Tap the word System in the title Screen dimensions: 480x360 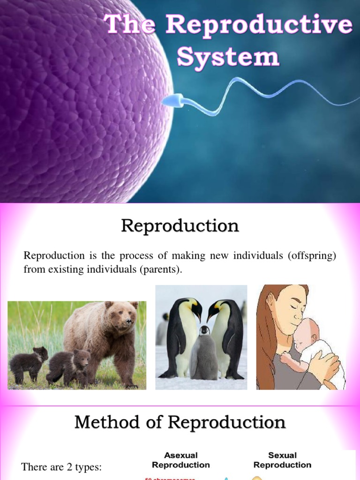tap(228, 57)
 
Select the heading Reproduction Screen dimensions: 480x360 tap(180, 226)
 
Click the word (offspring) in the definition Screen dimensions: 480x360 tap(307, 256)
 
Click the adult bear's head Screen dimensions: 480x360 tap(123, 315)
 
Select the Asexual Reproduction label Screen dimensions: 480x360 tap(180, 460)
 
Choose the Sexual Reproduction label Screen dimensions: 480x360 tap(282, 460)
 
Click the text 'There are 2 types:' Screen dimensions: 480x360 tap(61, 467)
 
